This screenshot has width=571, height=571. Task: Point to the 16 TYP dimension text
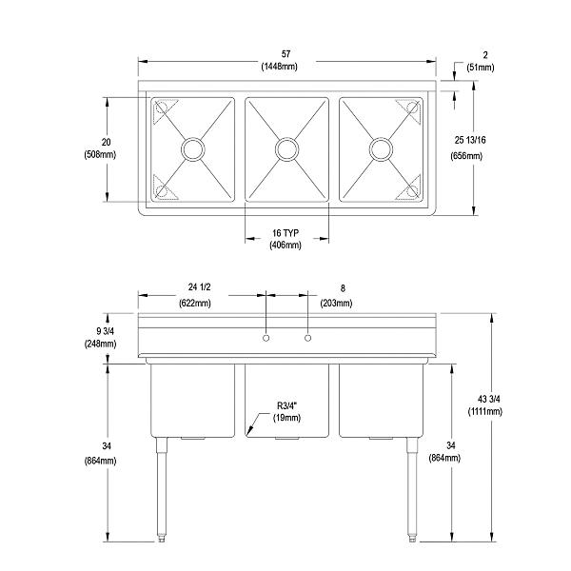point(287,231)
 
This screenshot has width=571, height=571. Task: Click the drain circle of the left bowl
point(193,148)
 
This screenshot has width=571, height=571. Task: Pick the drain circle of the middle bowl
point(286,148)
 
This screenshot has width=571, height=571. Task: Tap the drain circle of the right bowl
point(381,148)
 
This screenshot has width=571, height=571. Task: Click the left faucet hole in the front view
point(266,339)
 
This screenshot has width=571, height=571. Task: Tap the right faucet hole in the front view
point(307,339)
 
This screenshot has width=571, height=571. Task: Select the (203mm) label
point(336,304)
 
